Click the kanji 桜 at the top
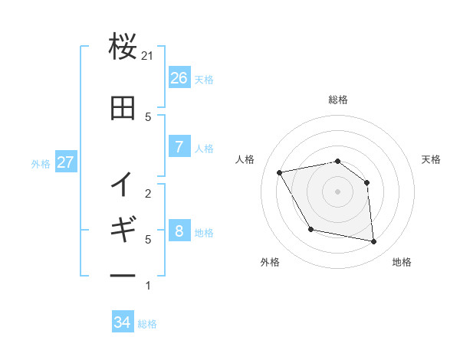[x=123, y=48]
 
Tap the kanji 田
[x=123, y=109]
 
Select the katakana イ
[x=123, y=183]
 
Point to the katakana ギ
[x=123, y=229]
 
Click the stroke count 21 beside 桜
[x=148, y=56]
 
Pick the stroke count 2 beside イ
[x=148, y=193]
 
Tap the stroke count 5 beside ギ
[x=148, y=239]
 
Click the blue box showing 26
[x=179, y=78]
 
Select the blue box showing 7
[x=179, y=147]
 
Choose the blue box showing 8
[x=179, y=231]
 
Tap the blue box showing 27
[x=65, y=162]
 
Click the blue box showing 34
[x=122, y=322]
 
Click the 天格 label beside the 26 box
[x=204, y=79]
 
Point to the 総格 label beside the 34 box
[x=147, y=323]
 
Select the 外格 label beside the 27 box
[x=41, y=163]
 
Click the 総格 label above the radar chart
[x=337, y=100]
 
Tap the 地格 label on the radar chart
[x=402, y=262]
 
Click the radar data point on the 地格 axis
[x=374, y=242]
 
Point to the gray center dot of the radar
[x=337, y=191]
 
